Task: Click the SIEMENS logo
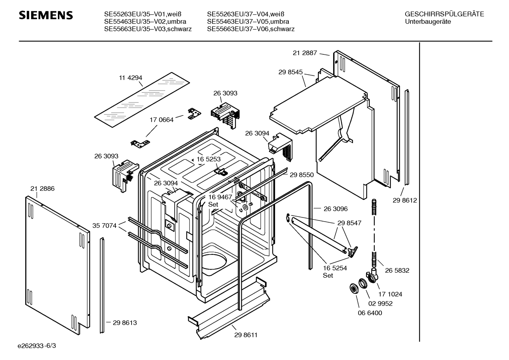click(x=46, y=15)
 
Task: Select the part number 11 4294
click(x=131, y=78)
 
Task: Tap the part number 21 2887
click(x=305, y=53)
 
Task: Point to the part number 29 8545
click(x=291, y=72)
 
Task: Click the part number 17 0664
click(x=162, y=120)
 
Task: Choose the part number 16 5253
click(x=209, y=159)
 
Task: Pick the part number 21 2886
click(x=42, y=189)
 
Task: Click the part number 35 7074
click(x=104, y=225)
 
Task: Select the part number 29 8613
click(x=125, y=323)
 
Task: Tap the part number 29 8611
click(x=246, y=335)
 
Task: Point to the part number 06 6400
click(x=370, y=313)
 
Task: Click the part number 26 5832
click(x=397, y=271)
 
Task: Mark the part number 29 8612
click(x=405, y=200)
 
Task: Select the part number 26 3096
click(x=336, y=209)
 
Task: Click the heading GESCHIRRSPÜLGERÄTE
click(x=444, y=14)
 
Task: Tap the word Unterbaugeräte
click(x=428, y=22)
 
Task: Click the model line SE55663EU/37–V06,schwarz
click(x=251, y=29)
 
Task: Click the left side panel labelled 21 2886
click(x=56, y=261)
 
